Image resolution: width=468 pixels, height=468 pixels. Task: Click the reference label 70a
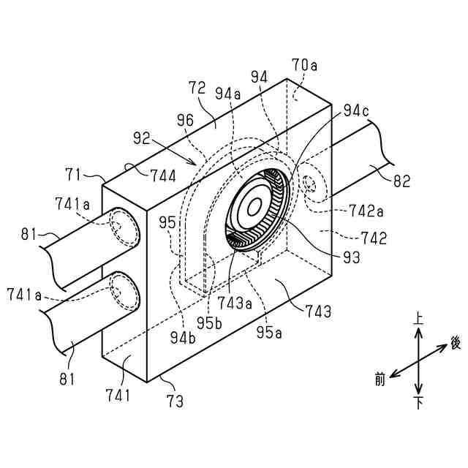305,65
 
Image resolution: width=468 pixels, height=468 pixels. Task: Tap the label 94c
355,111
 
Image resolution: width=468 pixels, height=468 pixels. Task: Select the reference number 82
402,181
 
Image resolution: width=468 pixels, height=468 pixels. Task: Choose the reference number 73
175,401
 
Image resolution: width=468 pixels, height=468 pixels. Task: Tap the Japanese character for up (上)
418,319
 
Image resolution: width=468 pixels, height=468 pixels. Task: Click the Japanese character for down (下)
418,403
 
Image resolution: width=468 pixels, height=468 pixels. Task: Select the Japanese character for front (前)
379,378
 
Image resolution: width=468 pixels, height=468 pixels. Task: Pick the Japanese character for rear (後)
456,342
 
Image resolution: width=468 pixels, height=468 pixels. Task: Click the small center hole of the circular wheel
254,207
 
